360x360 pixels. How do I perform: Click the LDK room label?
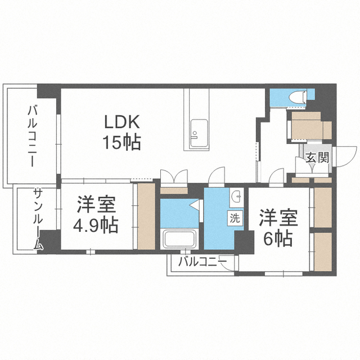[122, 121]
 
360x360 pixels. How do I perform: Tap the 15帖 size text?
[121, 142]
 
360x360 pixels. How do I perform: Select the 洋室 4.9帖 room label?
[96, 214]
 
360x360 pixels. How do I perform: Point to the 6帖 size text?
[278, 238]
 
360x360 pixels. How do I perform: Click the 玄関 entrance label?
[317, 157]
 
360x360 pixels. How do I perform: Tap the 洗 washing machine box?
[235, 218]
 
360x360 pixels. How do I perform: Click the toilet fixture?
[298, 97]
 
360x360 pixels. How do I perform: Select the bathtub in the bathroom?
[179, 240]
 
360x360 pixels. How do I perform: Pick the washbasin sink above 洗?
[237, 196]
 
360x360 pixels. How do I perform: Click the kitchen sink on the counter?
[199, 133]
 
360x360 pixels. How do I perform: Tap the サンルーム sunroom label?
[38, 219]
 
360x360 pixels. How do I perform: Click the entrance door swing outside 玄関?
[345, 156]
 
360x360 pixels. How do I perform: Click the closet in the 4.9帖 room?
[146, 216]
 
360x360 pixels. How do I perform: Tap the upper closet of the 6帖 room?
[323, 208]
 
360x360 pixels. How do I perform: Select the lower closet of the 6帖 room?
[323, 252]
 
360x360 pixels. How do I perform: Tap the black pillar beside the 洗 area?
[244, 242]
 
